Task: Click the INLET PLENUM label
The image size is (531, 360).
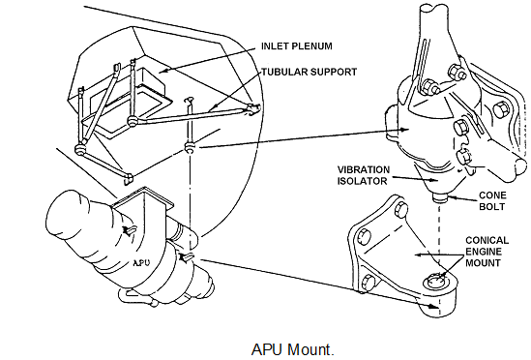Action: coord(297,46)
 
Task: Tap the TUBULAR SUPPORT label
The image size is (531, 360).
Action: coord(310,73)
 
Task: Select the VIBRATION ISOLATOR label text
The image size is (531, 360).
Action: coord(364,175)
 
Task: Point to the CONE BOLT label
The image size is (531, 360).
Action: coord(492,201)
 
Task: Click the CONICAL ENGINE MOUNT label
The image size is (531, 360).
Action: coord(487,252)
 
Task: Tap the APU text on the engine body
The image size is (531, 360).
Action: coord(141,262)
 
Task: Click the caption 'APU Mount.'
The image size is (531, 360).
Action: coord(293,349)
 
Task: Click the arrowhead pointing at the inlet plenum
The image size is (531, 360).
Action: coord(163,71)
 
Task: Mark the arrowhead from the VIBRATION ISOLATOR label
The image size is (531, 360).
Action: coord(434,180)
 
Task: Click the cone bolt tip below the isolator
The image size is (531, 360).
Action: coord(440,197)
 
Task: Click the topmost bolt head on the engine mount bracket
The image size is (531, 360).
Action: coord(401,210)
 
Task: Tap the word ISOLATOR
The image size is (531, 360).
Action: coord(362,181)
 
